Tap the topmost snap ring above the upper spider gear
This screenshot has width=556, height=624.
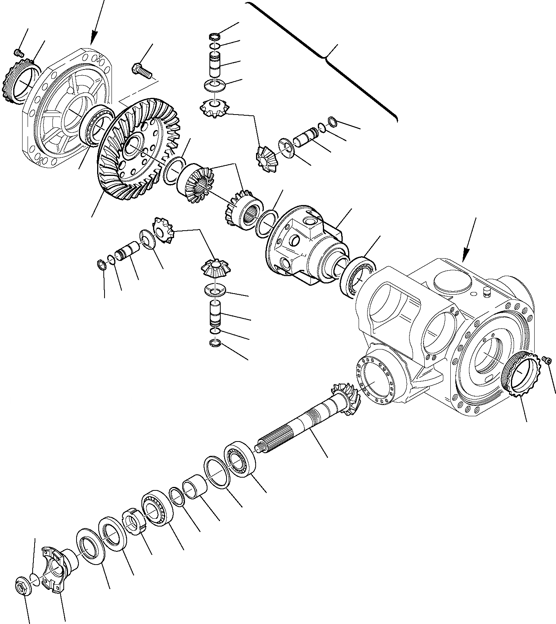tap(214, 37)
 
